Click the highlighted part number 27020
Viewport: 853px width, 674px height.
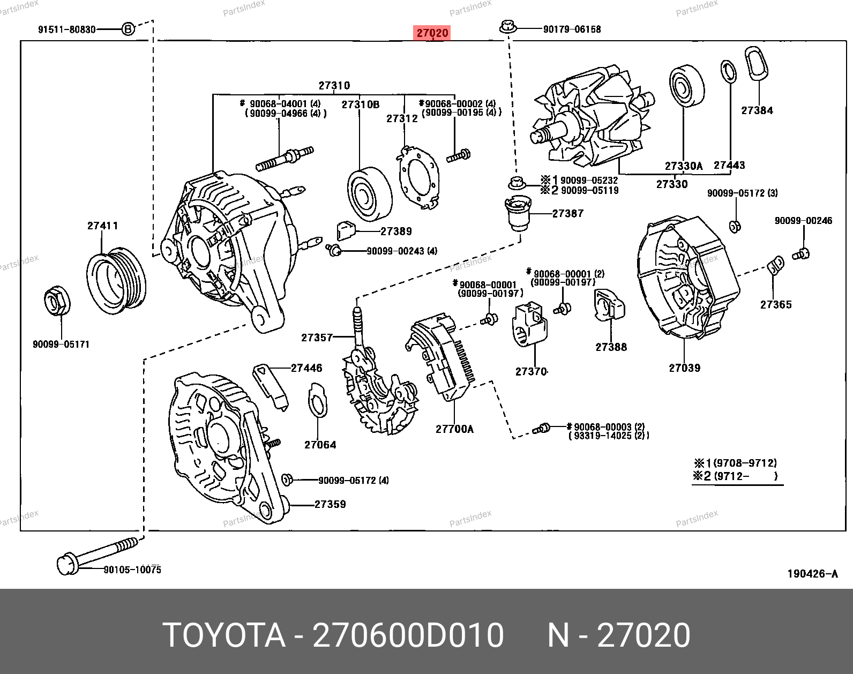pos(432,33)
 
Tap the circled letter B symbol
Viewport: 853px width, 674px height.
pos(128,29)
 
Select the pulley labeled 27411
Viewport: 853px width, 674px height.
pos(116,280)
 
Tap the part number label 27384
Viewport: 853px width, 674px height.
pos(757,111)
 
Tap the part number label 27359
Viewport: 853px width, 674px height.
pos(330,505)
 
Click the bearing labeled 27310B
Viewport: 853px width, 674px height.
pos(369,194)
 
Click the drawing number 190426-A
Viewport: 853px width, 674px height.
pos(812,574)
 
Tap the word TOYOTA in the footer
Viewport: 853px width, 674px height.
pos(223,635)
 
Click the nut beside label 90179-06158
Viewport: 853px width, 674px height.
pos(507,26)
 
